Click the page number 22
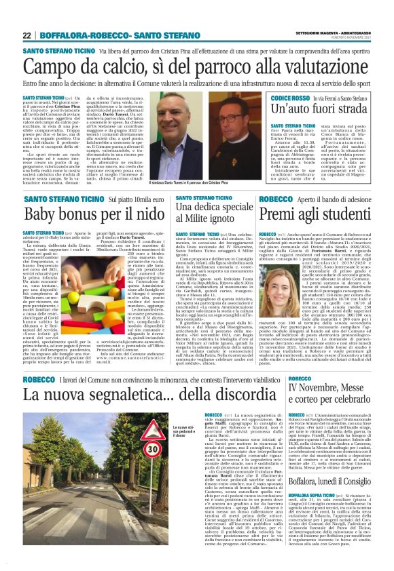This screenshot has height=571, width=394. (27, 35)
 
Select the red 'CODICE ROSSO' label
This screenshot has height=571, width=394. (291, 98)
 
